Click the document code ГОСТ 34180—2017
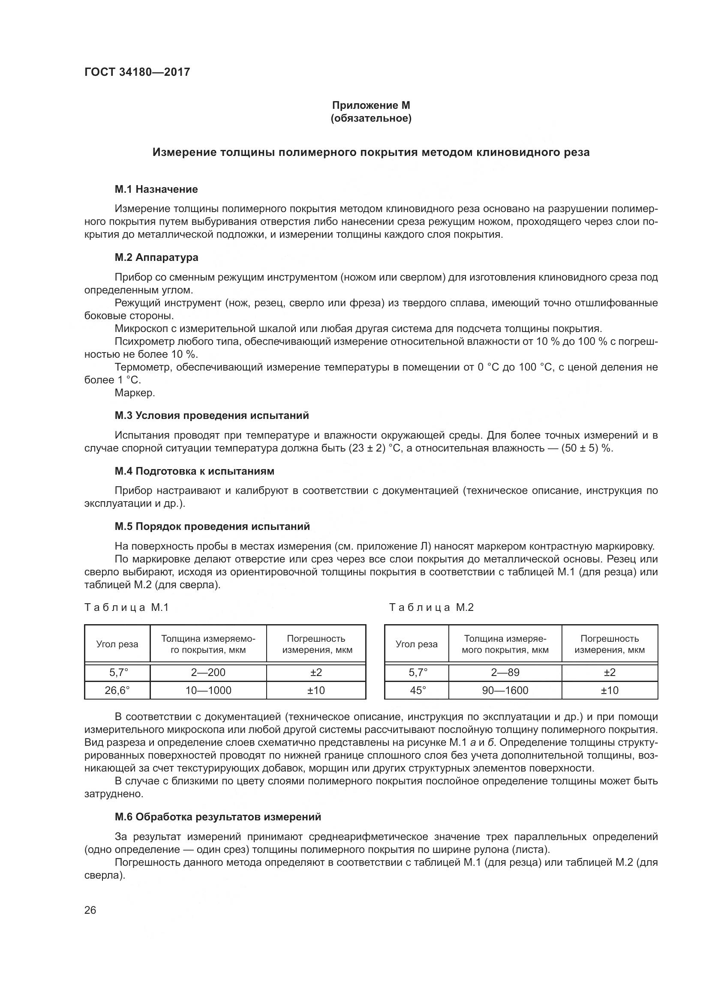pos(137,72)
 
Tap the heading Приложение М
pos(371,105)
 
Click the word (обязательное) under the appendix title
pos(371,118)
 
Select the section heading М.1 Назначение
pos(156,189)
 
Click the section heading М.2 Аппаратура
pos(156,257)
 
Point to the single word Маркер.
pos(135,392)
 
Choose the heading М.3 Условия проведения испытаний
pos(212,415)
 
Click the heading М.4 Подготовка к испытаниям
pos(195,471)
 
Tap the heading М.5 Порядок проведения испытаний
pos(212,526)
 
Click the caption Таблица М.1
pos(126,607)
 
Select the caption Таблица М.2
pos(431,607)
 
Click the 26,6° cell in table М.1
pos(117,690)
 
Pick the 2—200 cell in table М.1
pos(208,672)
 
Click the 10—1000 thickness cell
pos(208,690)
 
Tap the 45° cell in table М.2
pos(417,690)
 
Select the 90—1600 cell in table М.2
pos(505,690)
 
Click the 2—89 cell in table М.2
pos(505,672)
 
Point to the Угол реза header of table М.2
pos(417,644)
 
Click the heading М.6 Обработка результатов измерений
pos(218,817)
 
